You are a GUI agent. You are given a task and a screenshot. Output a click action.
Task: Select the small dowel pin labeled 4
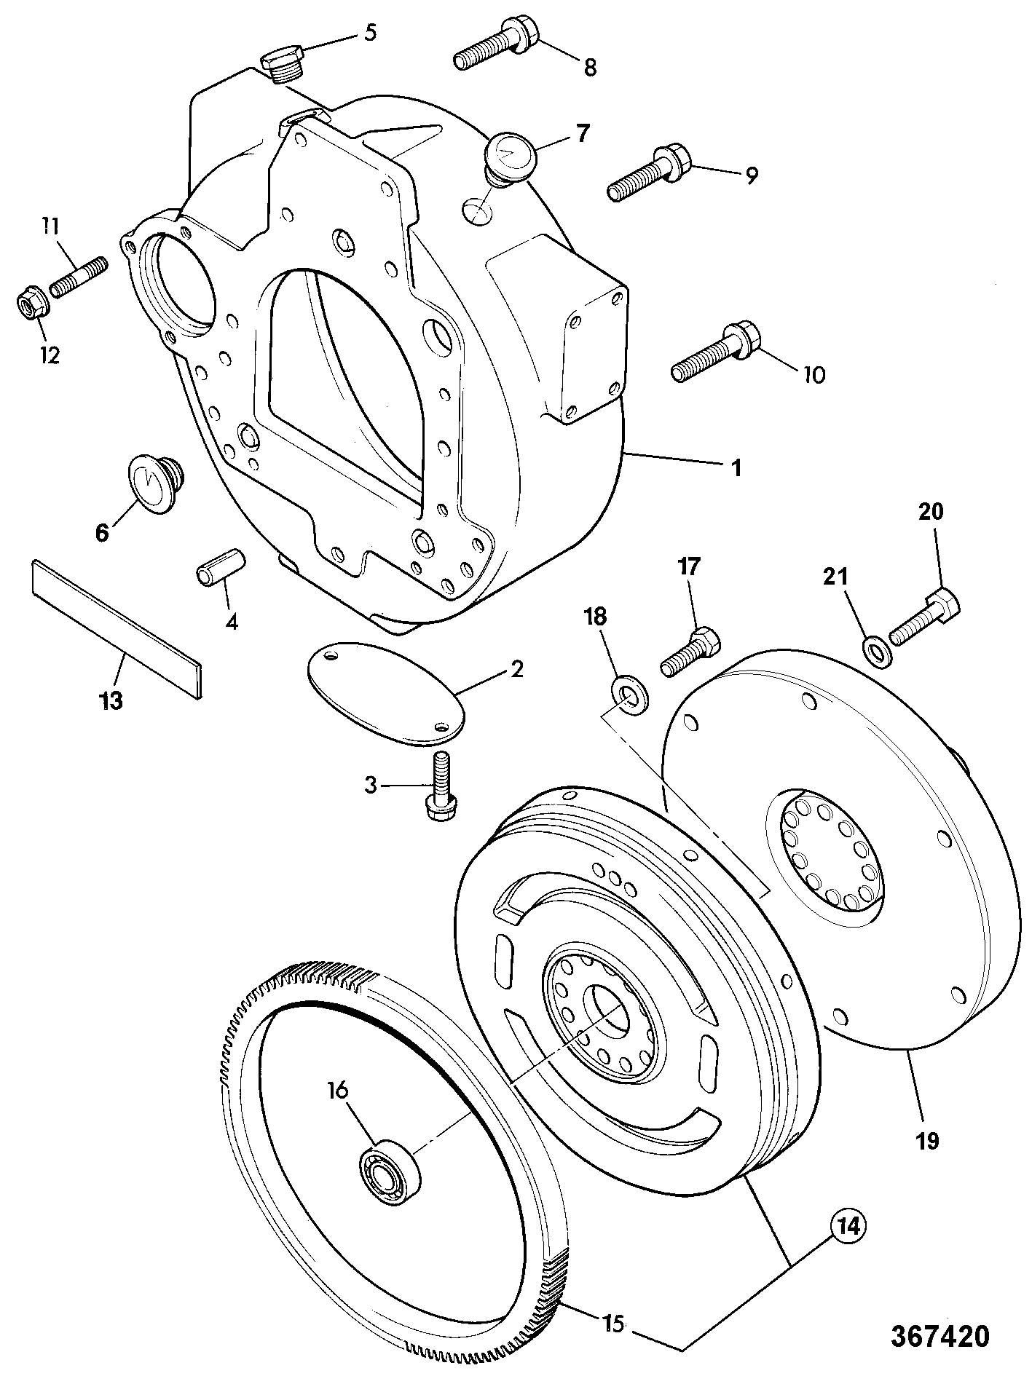(221, 566)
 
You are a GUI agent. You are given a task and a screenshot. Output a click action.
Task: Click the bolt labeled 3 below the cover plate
(439, 786)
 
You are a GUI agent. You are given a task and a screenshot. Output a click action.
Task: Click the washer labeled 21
(876, 650)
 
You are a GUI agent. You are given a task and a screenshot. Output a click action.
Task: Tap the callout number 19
(928, 1139)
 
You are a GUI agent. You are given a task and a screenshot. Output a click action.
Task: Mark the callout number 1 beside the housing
(736, 467)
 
